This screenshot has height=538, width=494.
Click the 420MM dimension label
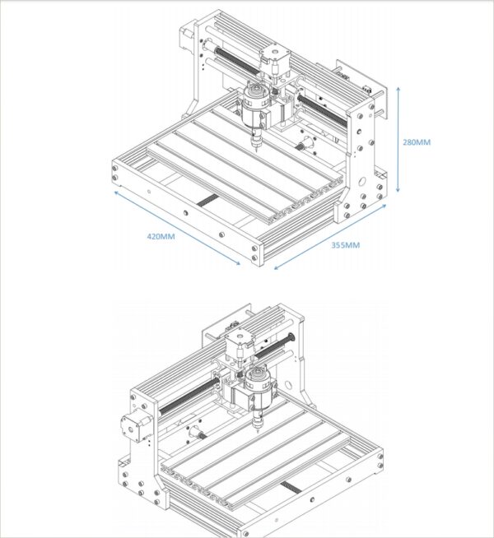point(161,236)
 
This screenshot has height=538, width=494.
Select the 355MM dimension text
point(346,245)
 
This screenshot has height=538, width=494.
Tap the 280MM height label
point(417,142)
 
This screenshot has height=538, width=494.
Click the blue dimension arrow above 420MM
point(176,229)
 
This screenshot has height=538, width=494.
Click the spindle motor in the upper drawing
point(254,108)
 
